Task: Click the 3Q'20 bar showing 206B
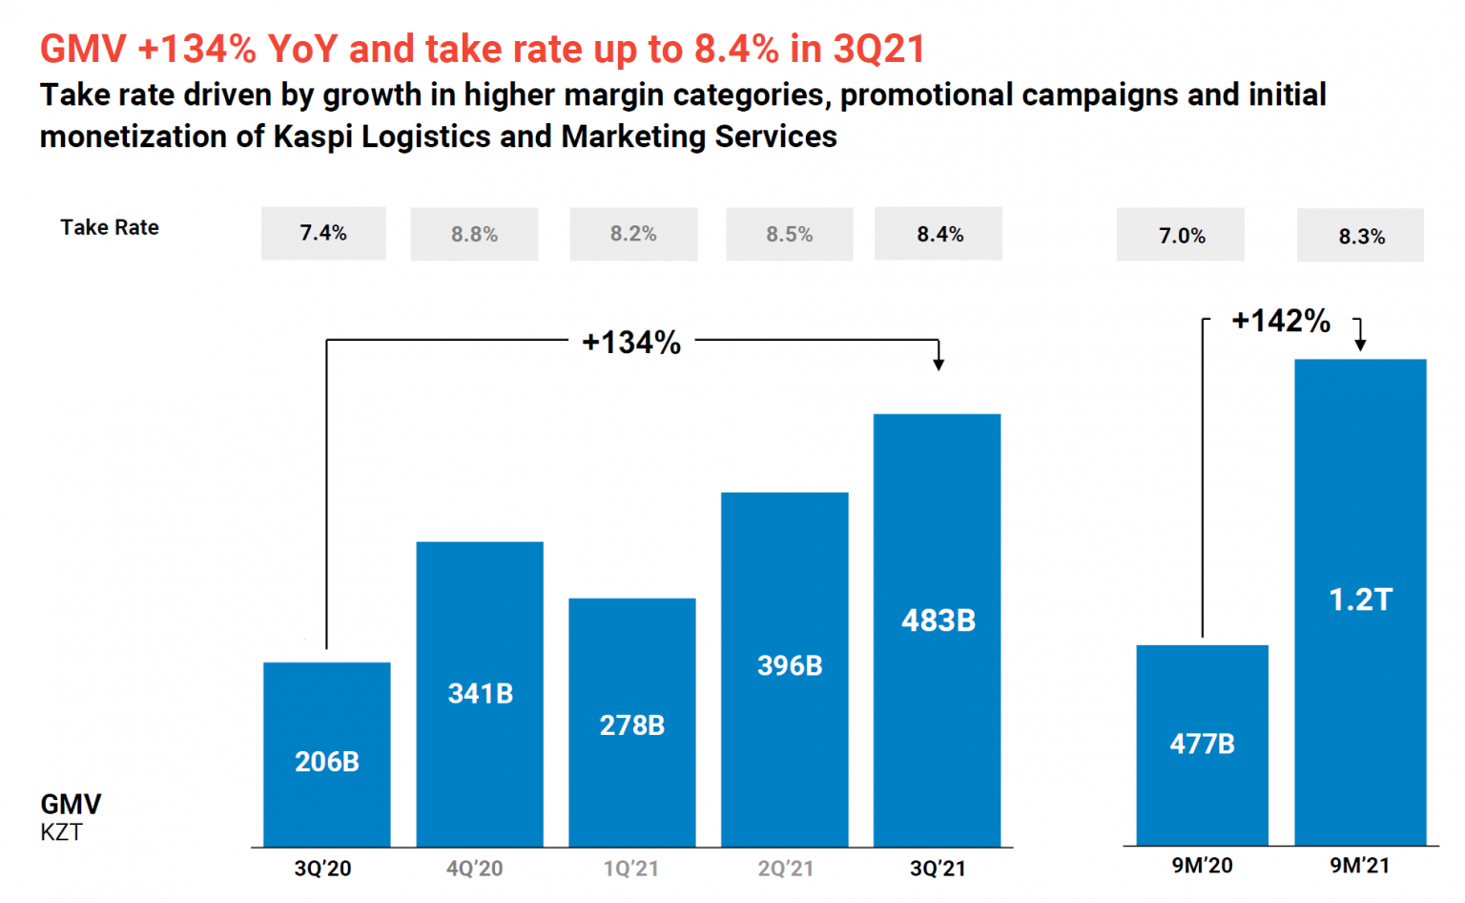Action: tap(327, 754)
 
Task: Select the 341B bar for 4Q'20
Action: tap(480, 694)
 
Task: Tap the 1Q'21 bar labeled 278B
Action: tap(632, 723)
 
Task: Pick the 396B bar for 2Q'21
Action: tap(785, 668)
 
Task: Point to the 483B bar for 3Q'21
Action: tap(938, 630)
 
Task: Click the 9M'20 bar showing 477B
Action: tap(1203, 745)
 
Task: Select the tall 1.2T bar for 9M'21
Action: tap(1360, 601)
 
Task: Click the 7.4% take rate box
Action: tap(323, 234)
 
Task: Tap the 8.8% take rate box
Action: tap(474, 235)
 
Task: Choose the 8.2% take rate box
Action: tap(633, 234)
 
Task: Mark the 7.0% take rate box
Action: tap(1181, 236)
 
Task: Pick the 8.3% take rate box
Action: tap(1360, 236)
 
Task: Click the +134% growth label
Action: tap(631, 342)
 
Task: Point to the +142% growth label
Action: tap(1281, 321)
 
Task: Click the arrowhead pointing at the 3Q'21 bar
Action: tap(939, 364)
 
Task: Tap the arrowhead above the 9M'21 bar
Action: tap(1360, 345)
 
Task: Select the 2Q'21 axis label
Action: tap(785, 869)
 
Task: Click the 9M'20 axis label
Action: tap(1202, 866)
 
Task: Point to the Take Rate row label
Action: tap(110, 227)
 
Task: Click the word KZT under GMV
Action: tap(61, 832)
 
